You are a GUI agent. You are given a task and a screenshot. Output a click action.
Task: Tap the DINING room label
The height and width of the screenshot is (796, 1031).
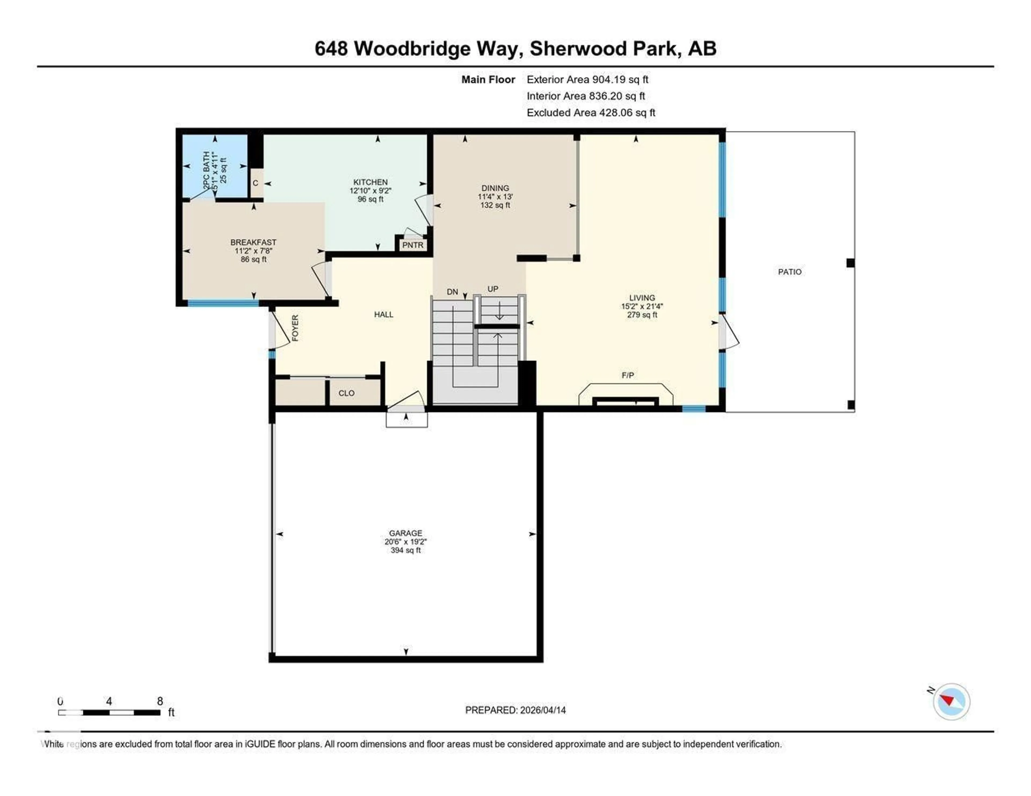point(495,188)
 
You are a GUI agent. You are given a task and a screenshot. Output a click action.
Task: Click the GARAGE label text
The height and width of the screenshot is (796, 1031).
point(405,533)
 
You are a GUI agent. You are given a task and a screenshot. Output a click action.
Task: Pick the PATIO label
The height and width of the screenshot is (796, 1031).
point(789,272)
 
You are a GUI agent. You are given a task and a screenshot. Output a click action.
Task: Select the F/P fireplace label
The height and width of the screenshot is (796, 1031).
point(627,375)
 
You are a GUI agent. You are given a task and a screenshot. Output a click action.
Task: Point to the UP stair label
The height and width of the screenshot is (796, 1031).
point(492,289)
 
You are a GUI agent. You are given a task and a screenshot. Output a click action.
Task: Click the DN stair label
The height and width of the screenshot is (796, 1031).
point(452,292)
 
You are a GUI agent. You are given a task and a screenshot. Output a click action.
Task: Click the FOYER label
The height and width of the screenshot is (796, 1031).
point(295,328)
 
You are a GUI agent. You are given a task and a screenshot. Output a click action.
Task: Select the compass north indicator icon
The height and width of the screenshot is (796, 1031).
point(951,701)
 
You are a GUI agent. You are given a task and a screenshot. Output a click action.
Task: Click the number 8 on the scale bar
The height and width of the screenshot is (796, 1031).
point(160,701)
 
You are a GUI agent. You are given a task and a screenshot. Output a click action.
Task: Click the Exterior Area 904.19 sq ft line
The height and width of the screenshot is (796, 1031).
point(587,79)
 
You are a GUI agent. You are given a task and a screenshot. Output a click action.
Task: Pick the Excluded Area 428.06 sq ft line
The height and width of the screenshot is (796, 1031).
point(591,112)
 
